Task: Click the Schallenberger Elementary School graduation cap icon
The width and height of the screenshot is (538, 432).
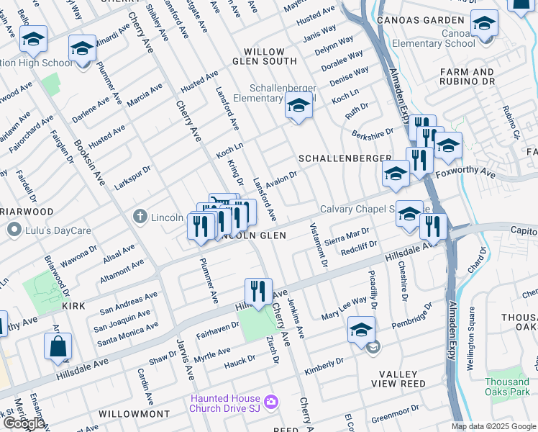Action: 298,107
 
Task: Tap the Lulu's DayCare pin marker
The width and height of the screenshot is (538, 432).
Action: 13,230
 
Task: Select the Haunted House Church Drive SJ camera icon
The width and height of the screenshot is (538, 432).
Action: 270,401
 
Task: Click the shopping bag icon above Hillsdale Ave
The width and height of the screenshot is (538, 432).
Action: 58,346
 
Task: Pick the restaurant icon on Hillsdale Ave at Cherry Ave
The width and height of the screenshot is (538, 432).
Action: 258,292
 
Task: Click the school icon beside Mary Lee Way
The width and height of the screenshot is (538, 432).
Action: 362,330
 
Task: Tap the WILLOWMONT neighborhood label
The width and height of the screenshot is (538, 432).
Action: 134,415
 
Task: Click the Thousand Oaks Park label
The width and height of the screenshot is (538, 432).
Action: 506,387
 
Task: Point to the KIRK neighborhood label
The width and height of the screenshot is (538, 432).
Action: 73,306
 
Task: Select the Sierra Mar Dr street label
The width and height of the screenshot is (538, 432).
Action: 347,237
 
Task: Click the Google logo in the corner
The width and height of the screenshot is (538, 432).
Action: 24,423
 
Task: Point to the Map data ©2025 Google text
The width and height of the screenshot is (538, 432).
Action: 493,426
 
